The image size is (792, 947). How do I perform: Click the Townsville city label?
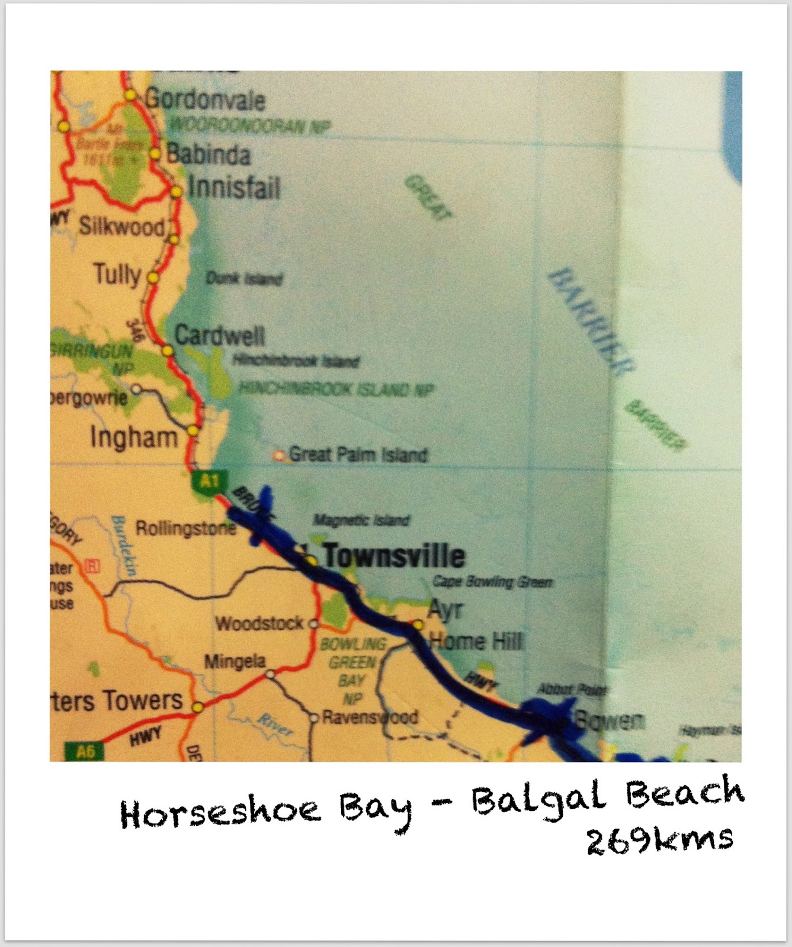click(x=394, y=556)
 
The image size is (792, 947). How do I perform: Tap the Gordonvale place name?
click(x=205, y=99)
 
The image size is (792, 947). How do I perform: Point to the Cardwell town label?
click(x=220, y=336)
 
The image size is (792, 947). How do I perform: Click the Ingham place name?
click(x=134, y=438)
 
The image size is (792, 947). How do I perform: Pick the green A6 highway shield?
click(x=85, y=752)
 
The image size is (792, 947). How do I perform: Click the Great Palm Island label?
click(x=358, y=455)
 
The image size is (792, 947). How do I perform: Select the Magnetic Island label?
click(x=361, y=521)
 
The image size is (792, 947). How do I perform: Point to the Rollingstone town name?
click(x=185, y=529)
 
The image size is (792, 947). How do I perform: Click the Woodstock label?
click(x=259, y=624)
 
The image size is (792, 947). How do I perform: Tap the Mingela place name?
click(x=235, y=661)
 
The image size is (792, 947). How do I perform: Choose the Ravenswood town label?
click(x=370, y=717)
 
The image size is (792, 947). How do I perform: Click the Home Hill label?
click(x=476, y=641)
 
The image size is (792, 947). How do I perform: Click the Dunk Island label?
click(x=244, y=278)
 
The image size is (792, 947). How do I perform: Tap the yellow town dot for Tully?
click(x=153, y=277)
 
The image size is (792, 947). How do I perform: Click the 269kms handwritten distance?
click(x=660, y=840)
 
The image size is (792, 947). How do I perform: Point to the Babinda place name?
click(x=209, y=155)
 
